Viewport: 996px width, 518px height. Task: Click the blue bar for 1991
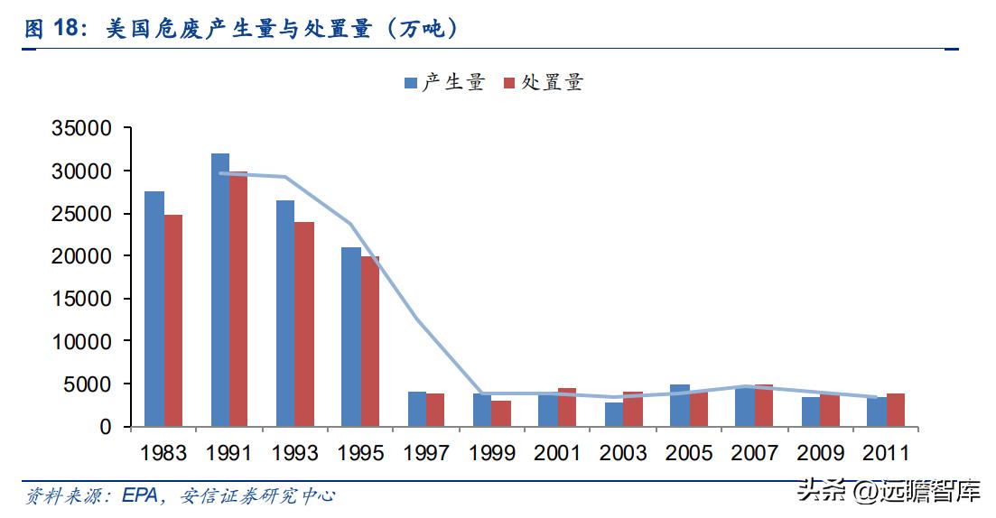click(219, 290)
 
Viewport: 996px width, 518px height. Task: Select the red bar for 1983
click(173, 320)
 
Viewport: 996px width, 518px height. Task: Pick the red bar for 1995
click(369, 341)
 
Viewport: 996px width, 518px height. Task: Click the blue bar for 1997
click(416, 409)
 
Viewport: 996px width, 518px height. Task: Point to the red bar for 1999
click(501, 413)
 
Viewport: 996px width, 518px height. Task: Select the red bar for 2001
click(566, 407)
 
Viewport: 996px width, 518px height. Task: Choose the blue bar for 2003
click(614, 414)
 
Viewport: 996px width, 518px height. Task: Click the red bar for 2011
click(895, 410)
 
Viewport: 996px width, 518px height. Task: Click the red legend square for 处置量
click(509, 83)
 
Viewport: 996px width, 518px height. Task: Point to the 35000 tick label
click(81, 128)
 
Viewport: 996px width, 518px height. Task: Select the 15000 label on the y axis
click(81, 299)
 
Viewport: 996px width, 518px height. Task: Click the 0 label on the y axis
click(105, 427)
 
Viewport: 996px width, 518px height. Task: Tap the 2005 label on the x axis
click(689, 452)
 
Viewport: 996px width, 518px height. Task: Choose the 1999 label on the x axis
click(491, 452)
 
